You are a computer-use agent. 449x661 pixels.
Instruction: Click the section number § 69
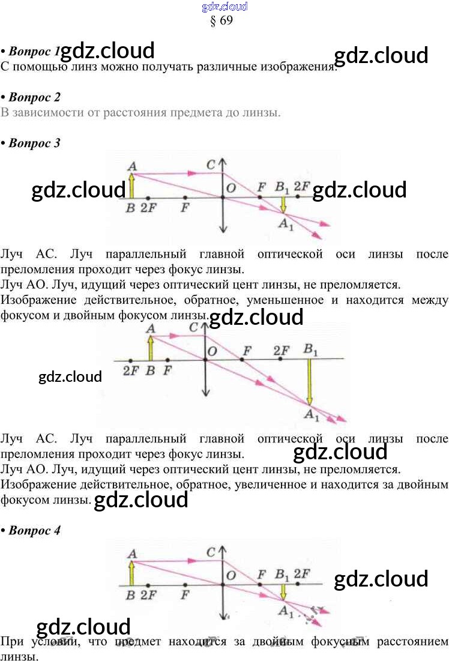[x=221, y=20]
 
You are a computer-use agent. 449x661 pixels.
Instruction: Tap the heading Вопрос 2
[x=34, y=97]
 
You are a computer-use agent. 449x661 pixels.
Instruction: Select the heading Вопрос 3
[x=34, y=143]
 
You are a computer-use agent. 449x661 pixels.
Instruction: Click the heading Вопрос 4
[x=34, y=530]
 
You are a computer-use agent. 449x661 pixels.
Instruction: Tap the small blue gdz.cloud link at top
[x=224, y=7]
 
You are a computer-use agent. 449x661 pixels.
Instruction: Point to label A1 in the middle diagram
[x=312, y=414]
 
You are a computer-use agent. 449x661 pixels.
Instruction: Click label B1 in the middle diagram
[x=311, y=349]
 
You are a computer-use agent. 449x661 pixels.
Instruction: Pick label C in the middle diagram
[x=193, y=328]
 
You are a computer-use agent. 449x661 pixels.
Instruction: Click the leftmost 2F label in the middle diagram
[x=130, y=370]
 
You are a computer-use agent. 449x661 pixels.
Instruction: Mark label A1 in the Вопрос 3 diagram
[x=285, y=224]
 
